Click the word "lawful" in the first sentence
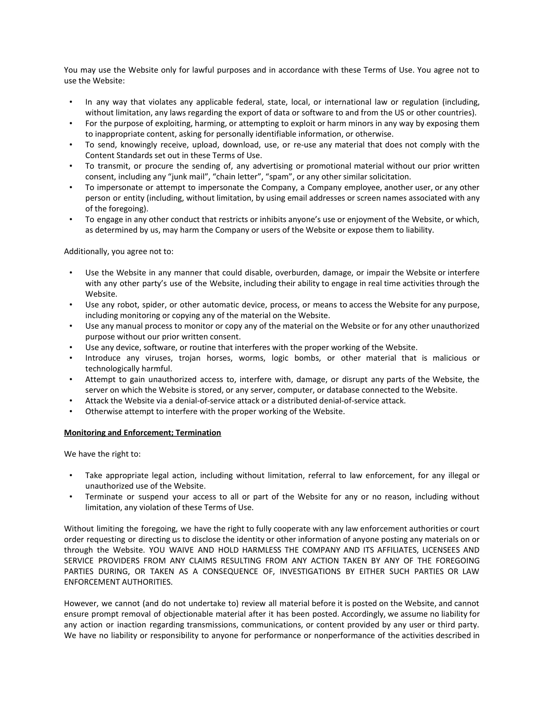click(x=203, y=70)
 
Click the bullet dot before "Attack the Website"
click(x=71, y=401)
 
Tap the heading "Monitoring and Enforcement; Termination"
click(x=142, y=433)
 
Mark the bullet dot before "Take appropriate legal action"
click(x=71, y=476)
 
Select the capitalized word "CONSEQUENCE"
click(x=230, y=571)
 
